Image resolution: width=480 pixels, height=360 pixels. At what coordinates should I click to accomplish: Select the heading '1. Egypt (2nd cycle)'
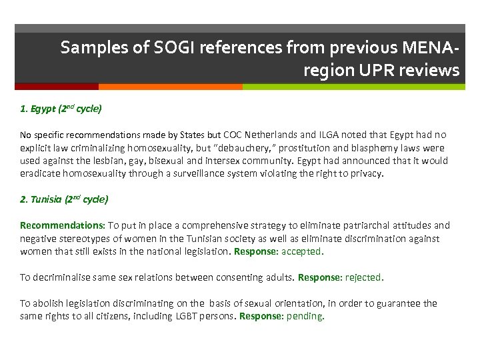pyautogui.click(x=61, y=108)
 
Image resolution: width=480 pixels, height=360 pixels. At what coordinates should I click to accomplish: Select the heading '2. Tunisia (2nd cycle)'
pyautogui.click(x=64, y=199)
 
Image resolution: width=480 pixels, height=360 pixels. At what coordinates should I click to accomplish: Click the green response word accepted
pyautogui.click(x=302, y=251)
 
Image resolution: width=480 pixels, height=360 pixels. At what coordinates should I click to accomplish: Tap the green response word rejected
pyautogui.click(x=365, y=277)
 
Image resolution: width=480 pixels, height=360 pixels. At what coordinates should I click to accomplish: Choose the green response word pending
pyautogui.click(x=305, y=316)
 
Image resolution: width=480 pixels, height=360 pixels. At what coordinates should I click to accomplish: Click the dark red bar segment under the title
pyautogui.click(x=57, y=87)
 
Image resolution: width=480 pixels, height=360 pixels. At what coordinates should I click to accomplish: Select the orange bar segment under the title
pyautogui.click(x=170, y=87)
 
